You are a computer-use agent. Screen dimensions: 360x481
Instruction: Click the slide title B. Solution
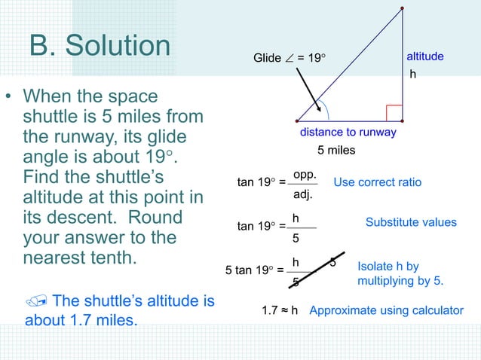(x=100, y=46)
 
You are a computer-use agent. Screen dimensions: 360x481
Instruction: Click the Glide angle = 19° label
(x=290, y=58)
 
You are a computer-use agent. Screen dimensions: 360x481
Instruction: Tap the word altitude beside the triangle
(x=424, y=57)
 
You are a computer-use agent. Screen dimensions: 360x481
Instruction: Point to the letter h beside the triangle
(x=412, y=75)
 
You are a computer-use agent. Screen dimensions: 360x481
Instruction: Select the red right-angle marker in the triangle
(x=394, y=113)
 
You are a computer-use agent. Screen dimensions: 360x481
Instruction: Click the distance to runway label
(x=348, y=133)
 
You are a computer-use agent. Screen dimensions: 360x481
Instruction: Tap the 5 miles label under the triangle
(x=335, y=150)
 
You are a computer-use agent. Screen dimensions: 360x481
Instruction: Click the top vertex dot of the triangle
(x=402, y=8)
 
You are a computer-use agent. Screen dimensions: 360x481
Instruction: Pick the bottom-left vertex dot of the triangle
(x=297, y=121)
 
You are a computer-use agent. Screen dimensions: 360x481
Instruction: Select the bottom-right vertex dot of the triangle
(x=402, y=121)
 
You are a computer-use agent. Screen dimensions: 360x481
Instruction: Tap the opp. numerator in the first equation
(x=304, y=174)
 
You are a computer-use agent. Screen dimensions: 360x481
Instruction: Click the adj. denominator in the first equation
(x=303, y=194)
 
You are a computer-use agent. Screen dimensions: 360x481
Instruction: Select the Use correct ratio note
(x=377, y=182)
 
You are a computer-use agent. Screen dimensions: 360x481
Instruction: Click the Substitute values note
(x=411, y=222)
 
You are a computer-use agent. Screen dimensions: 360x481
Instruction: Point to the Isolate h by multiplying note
(x=400, y=273)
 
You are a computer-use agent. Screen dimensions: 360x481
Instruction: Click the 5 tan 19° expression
(x=250, y=270)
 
